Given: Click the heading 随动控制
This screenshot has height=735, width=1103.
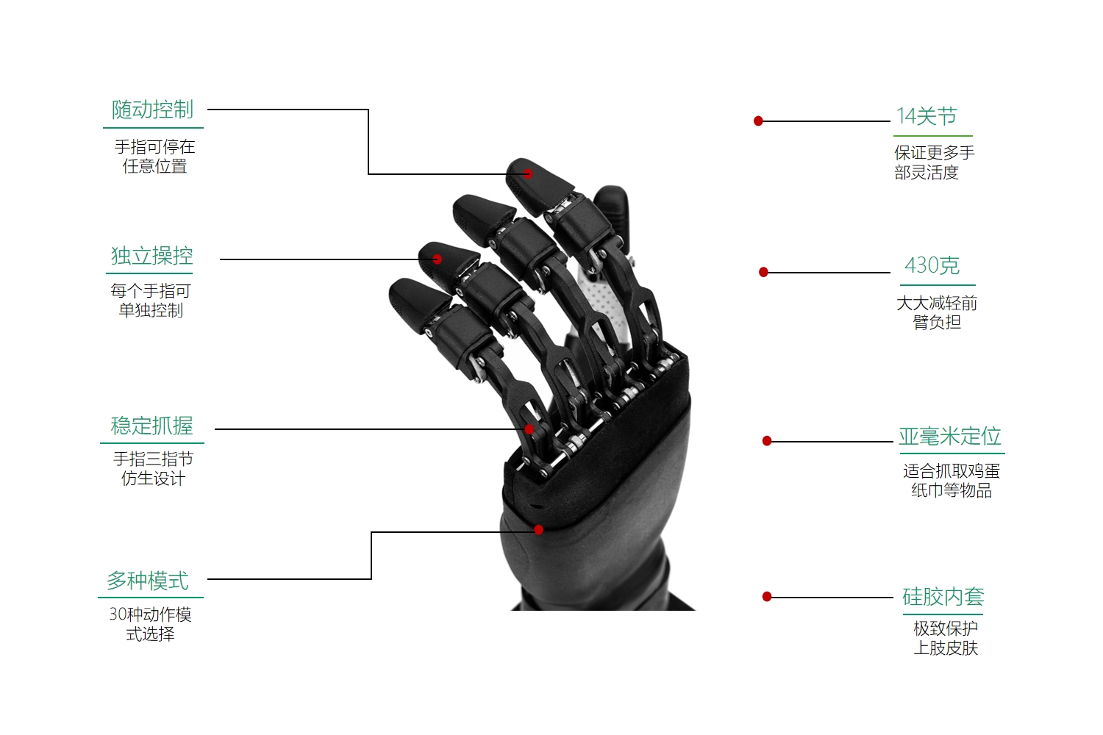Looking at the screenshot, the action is pyautogui.click(x=152, y=110).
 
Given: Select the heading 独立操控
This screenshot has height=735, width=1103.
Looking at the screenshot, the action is pyautogui.click(x=151, y=256).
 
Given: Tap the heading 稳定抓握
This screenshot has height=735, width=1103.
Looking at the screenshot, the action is pyautogui.click(x=151, y=426).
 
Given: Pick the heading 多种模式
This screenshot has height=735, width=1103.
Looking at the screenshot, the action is pyautogui.click(x=148, y=581).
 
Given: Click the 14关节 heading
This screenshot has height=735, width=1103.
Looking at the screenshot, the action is pyautogui.click(x=927, y=116).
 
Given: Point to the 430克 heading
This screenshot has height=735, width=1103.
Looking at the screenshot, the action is pyautogui.click(x=932, y=265).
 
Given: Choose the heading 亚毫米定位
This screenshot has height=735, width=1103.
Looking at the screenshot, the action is pyautogui.click(x=950, y=436).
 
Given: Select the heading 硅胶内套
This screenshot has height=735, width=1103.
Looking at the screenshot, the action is pyautogui.click(x=943, y=597).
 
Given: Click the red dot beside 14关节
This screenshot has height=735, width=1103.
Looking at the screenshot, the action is pyautogui.click(x=758, y=121).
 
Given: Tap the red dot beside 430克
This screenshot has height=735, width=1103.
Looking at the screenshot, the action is pyautogui.click(x=764, y=272).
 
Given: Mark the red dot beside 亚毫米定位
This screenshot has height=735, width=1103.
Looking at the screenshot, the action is pyautogui.click(x=767, y=441).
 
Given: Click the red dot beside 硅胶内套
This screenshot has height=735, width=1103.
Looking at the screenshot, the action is pyautogui.click(x=767, y=597).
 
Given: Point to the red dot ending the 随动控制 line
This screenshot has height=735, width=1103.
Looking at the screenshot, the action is pyautogui.click(x=528, y=173).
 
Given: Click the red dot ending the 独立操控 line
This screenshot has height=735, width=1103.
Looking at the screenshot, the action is pyautogui.click(x=437, y=259).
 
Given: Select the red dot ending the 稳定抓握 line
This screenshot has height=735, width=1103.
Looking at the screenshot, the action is pyautogui.click(x=529, y=429).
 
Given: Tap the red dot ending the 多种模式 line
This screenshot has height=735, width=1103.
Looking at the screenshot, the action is pyautogui.click(x=539, y=530).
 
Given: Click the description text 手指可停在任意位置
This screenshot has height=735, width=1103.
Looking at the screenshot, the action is pyautogui.click(x=154, y=157).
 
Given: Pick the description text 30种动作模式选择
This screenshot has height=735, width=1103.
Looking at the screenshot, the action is pyautogui.click(x=150, y=624).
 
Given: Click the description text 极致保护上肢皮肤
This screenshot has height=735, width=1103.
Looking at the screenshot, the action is pyautogui.click(x=946, y=638).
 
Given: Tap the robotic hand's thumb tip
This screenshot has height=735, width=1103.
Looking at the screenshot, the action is pyautogui.click(x=612, y=193).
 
